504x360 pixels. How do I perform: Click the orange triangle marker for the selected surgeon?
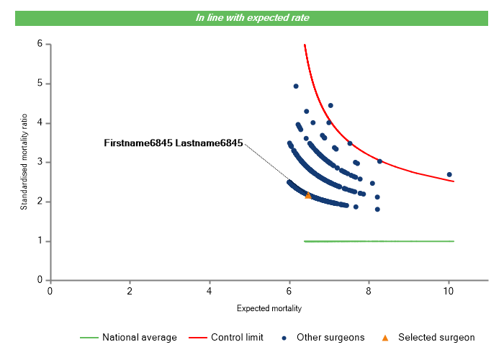pyautogui.click(x=308, y=195)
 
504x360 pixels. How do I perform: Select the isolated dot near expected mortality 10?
pyautogui.click(x=449, y=174)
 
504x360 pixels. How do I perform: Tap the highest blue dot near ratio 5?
pyautogui.click(x=296, y=86)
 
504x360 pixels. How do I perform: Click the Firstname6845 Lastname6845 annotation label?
pyautogui.click(x=174, y=143)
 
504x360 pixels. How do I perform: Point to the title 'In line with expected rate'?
pyautogui.click(x=253, y=17)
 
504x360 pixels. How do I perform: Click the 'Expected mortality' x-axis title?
pyautogui.click(x=269, y=308)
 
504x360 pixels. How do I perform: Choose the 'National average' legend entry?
pyautogui.click(x=139, y=337)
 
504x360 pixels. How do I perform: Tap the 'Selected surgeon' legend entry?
pyautogui.click(x=436, y=337)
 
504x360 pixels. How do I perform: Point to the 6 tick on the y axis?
pyautogui.click(x=40, y=44)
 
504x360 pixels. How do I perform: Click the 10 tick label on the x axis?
pyautogui.click(x=449, y=291)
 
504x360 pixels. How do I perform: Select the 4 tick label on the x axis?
pyautogui.click(x=210, y=291)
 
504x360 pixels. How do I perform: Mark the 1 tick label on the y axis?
pyautogui.click(x=40, y=241)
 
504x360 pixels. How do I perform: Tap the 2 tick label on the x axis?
pyautogui.click(x=130, y=291)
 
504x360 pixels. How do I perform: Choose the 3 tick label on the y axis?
pyautogui.click(x=40, y=162)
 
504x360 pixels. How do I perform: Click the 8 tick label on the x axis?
pyautogui.click(x=369, y=291)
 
